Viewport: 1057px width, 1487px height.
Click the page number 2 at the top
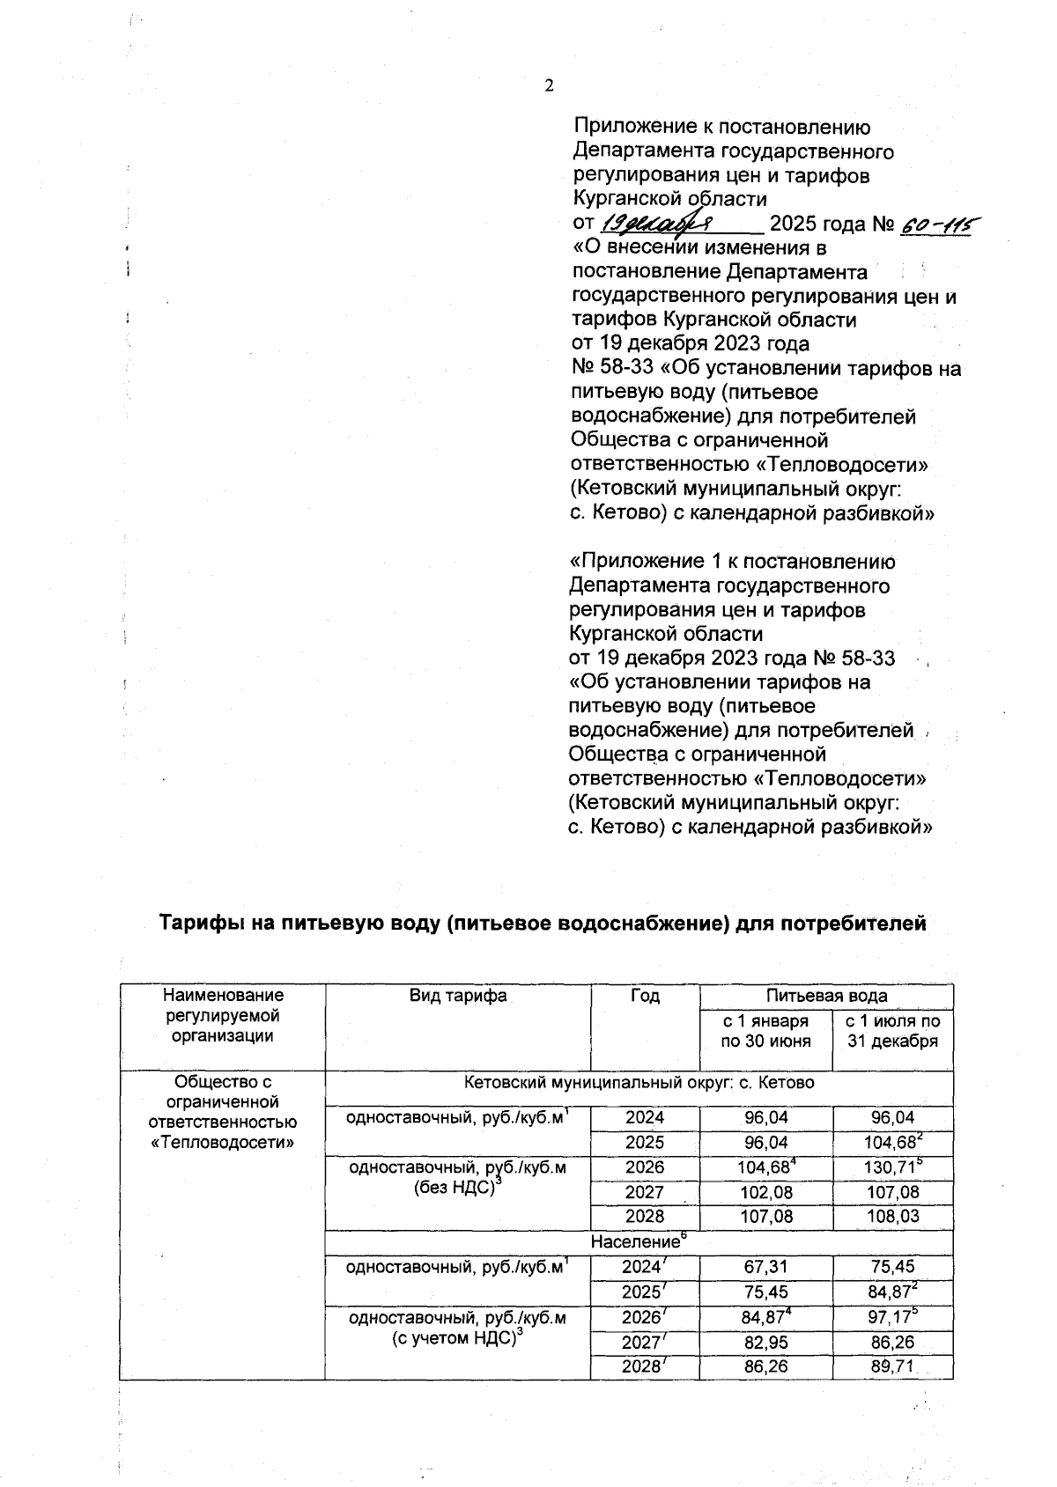coord(550,85)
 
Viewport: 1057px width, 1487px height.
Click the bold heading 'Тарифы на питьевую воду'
coord(543,924)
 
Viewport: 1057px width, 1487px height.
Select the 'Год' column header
coord(645,996)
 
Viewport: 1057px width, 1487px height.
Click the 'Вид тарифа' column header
coord(458,996)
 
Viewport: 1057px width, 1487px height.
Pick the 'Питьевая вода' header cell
coord(826,996)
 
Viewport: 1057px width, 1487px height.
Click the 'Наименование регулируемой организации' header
coord(223,1015)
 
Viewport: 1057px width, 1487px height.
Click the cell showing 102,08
coord(765,1192)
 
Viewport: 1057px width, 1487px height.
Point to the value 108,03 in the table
coord(892,1216)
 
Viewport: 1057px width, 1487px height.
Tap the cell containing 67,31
coord(765,1267)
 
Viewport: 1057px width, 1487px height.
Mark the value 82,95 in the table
coord(765,1343)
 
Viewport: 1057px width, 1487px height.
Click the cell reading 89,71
coord(892,1366)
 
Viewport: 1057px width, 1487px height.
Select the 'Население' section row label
coord(638,1242)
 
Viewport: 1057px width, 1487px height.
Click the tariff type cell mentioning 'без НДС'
coord(458,1178)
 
